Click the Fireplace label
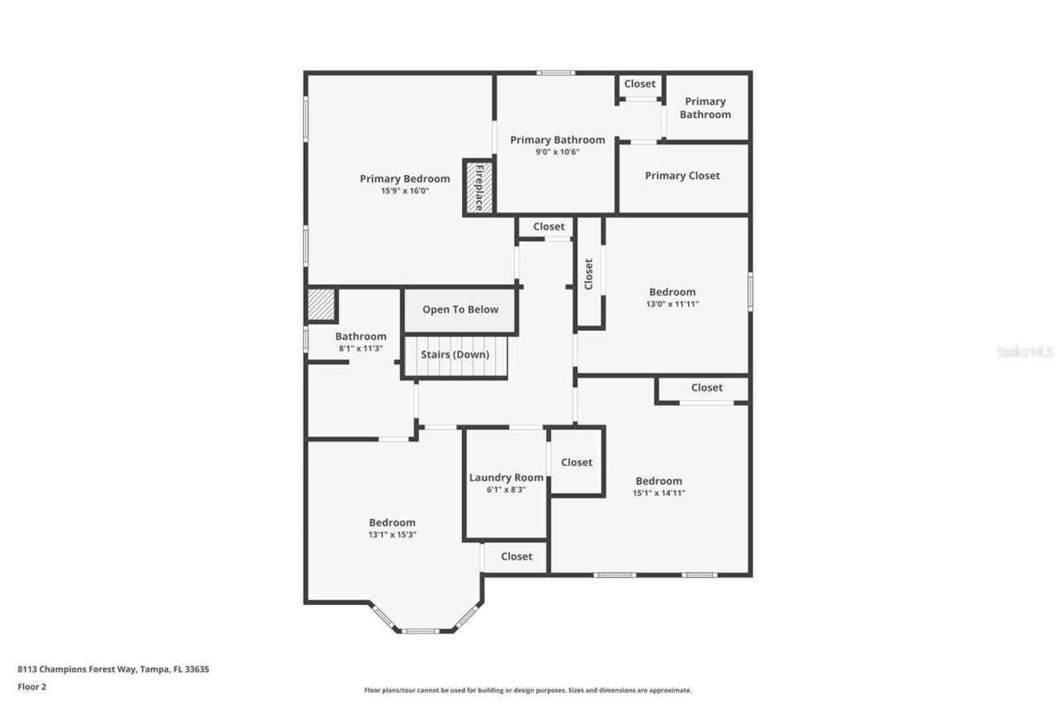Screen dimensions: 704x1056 478,187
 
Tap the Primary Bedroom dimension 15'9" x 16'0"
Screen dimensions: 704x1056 404,191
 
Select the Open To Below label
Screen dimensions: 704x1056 460,309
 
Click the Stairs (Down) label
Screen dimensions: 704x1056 455,355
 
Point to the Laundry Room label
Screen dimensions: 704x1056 506,477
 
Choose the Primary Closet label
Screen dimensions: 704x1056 682,176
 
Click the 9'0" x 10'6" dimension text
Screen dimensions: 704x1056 557,152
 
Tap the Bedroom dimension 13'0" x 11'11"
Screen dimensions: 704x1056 672,304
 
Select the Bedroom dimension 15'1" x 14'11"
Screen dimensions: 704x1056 658,493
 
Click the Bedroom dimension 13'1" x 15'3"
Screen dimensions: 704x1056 392,534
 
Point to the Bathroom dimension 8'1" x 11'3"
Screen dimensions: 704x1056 361,348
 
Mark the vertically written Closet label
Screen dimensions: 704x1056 588,275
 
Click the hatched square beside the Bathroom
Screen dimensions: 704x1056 321,305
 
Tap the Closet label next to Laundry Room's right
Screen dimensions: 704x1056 576,462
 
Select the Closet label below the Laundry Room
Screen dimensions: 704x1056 516,556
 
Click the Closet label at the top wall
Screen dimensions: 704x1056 639,84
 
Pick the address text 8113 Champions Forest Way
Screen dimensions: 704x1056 113,669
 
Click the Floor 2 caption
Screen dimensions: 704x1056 32,686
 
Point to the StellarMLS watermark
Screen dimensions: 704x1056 1025,352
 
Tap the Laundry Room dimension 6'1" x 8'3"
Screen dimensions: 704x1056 506,489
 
